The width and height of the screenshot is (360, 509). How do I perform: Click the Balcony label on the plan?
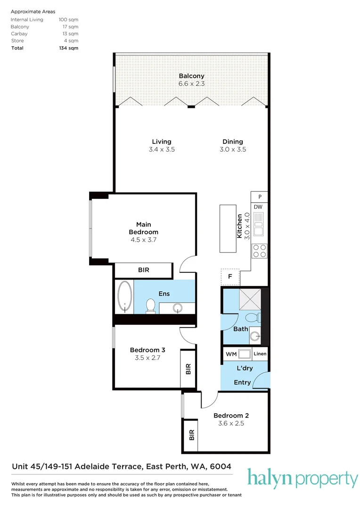click(x=191, y=76)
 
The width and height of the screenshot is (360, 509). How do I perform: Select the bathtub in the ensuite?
click(x=125, y=297)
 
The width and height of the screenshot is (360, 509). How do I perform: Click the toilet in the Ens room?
click(x=151, y=305)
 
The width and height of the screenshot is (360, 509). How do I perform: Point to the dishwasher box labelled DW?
click(x=258, y=207)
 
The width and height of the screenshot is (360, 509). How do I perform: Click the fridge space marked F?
click(x=230, y=277)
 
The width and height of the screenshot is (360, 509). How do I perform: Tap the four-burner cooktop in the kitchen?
click(x=260, y=251)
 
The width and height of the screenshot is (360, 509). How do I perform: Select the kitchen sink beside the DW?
click(x=259, y=224)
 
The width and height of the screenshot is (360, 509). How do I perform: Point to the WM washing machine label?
click(x=231, y=353)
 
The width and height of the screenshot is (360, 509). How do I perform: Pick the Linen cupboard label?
click(x=260, y=353)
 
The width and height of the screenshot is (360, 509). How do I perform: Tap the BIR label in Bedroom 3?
click(x=188, y=369)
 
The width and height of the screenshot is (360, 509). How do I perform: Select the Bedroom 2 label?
click(x=231, y=415)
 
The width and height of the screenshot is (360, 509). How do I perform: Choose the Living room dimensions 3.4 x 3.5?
click(x=162, y=149)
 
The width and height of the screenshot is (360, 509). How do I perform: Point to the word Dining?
click(x=233, y=141)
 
